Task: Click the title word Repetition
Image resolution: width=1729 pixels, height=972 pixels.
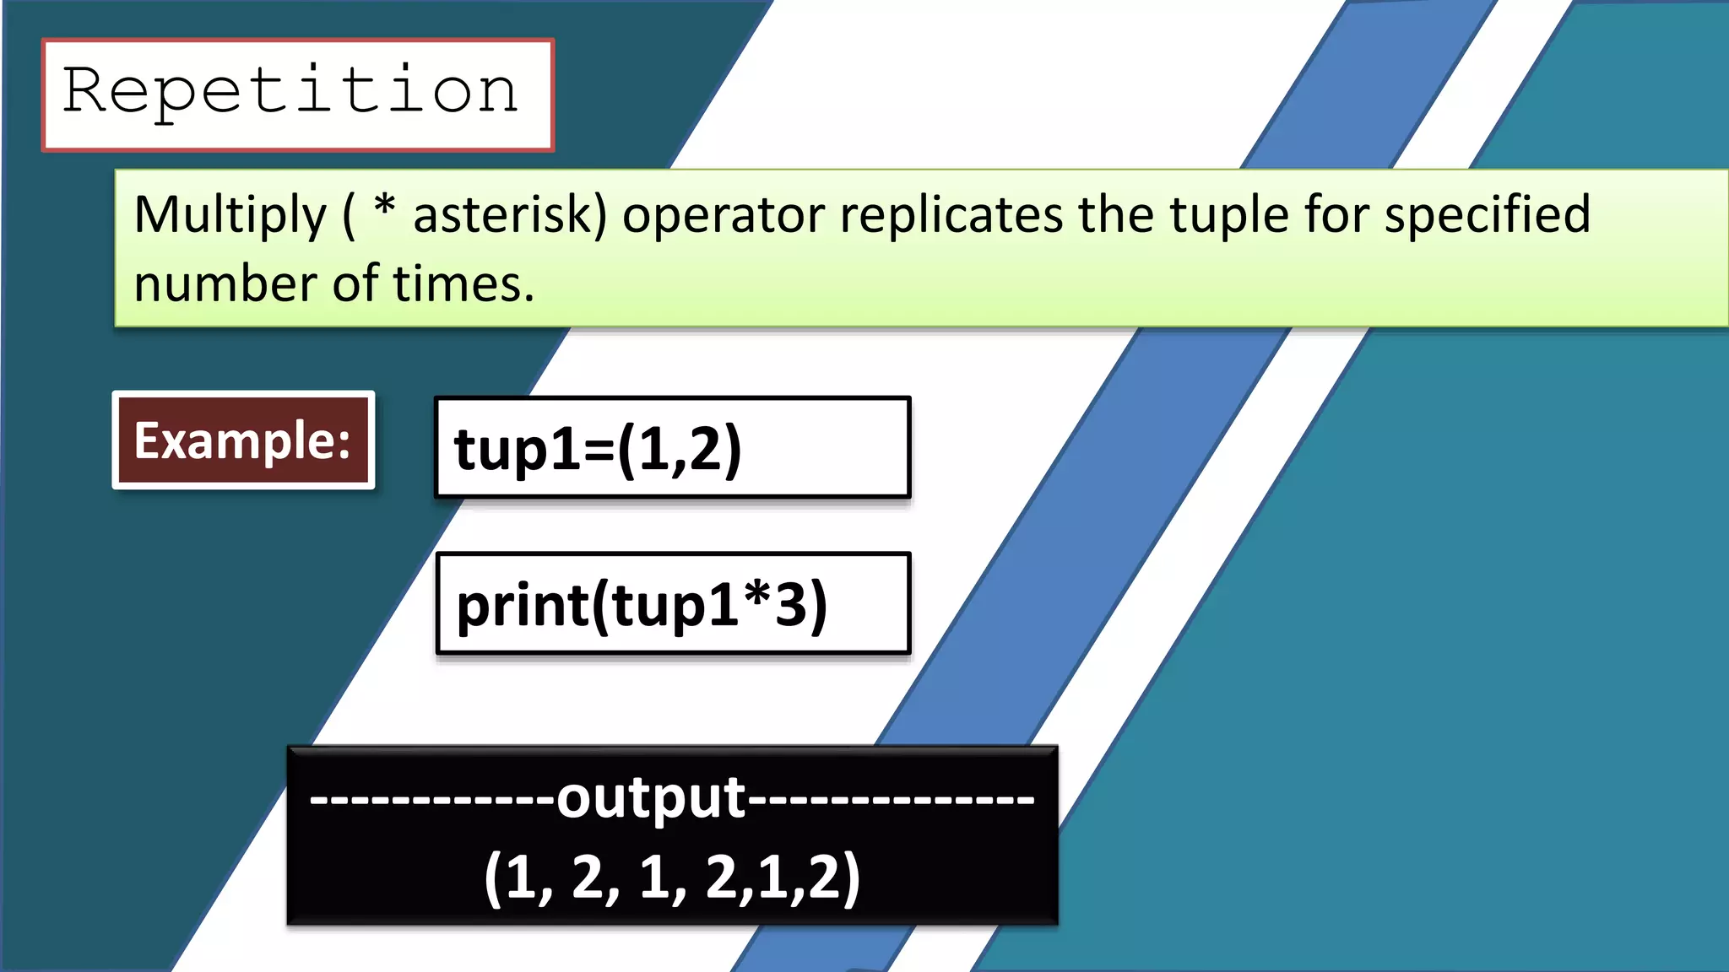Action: click(290, 91)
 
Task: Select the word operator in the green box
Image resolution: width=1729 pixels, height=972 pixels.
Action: click(723, 215)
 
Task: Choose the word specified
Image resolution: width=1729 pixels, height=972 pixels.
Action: click(1488, 215)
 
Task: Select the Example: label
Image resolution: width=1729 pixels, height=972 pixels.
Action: click(243, 440)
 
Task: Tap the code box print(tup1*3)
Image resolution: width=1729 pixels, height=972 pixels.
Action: click(673, 604)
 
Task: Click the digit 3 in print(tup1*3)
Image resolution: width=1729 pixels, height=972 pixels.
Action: click(791, 605)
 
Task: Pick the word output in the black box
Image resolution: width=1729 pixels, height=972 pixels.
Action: click(651, 797)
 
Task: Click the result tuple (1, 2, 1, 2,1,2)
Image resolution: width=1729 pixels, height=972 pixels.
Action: click(672, 878)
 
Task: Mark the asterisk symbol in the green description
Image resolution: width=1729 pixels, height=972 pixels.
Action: click(385, 205)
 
